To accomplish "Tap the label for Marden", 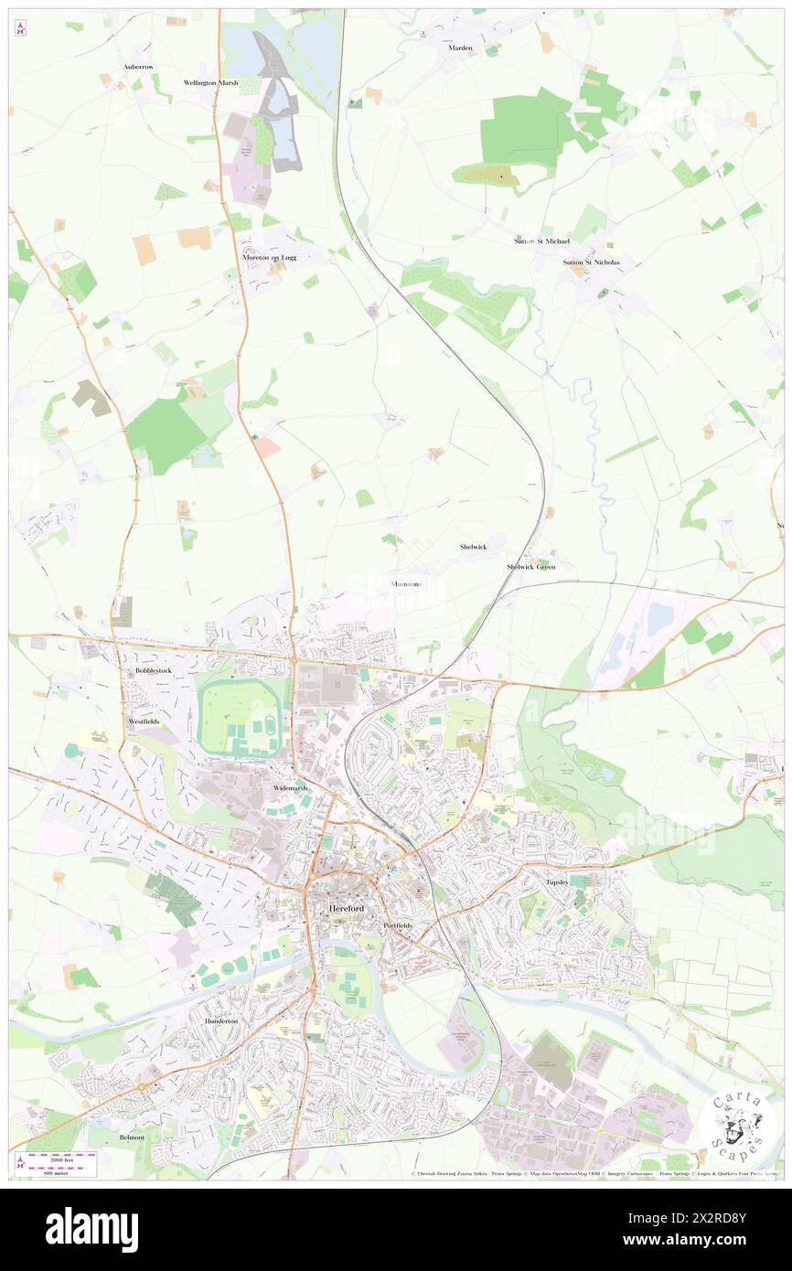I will pyautogui.click(x=460, y=48).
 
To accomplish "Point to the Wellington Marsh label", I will pyautogui.click(x=210, y=82).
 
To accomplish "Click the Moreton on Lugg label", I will pyautogui.click(x=270, y=258).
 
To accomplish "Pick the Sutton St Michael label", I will pyautogui.click(x=541, y=241).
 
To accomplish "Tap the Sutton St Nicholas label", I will pyautogui.click(x=591, y=262).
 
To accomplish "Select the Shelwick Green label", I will pyautogui.click(x=531, y=567).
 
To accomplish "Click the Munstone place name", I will pyautogui.click(x=406, y=583).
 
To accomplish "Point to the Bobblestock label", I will pyautogui.click(x=147, y=670).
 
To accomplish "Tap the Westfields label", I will pyautogui.click(x=144, y=721).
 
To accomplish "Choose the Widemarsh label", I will pyautogui.click(x=291, y=787).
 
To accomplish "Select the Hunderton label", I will pyautogui.click(x=220, y=1020).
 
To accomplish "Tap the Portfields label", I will pyautogui.click(x=397, y=925).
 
